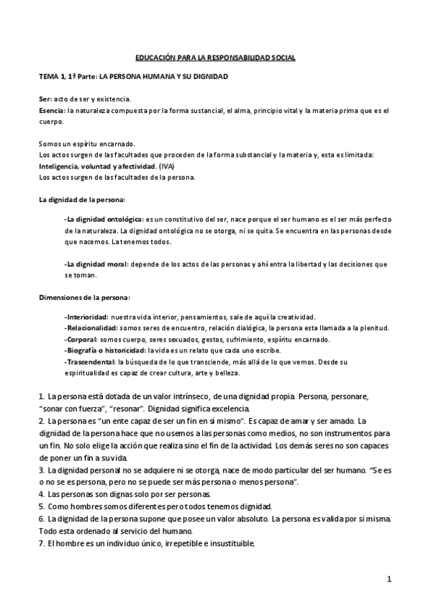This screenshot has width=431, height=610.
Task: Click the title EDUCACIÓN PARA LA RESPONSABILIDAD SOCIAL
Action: [x=216, y=57]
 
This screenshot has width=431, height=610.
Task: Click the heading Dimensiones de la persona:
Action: [x=77, y=298]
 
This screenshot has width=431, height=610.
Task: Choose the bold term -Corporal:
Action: [x=81, y=340]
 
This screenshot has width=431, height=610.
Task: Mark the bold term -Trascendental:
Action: [x=89, y=362]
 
